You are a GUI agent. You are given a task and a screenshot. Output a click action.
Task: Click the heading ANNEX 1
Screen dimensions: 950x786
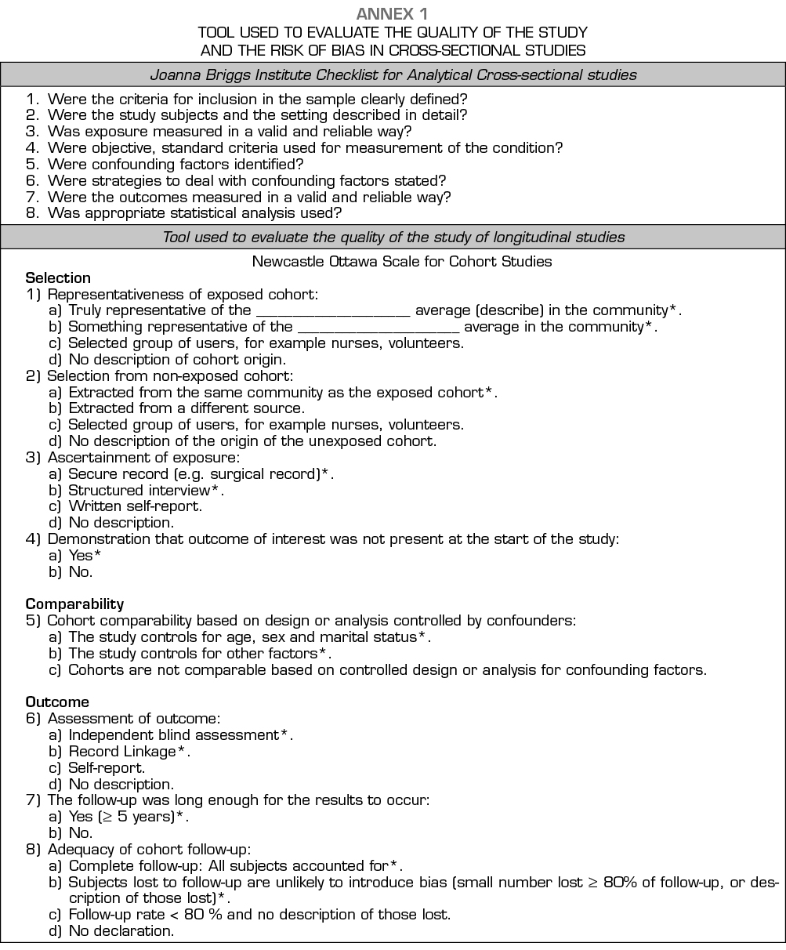point(393,13)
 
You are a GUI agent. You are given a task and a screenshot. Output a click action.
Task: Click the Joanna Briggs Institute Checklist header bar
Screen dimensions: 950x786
point(393,75)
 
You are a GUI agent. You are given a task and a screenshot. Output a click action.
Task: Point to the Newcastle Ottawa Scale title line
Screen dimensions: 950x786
point(402,261)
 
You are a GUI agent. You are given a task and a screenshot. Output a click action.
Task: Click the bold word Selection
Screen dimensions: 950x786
point(58,277)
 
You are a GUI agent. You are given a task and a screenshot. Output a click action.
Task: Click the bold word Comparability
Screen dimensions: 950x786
point(74,604)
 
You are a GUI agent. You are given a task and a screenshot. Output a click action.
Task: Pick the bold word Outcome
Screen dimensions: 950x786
point(57,702)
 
